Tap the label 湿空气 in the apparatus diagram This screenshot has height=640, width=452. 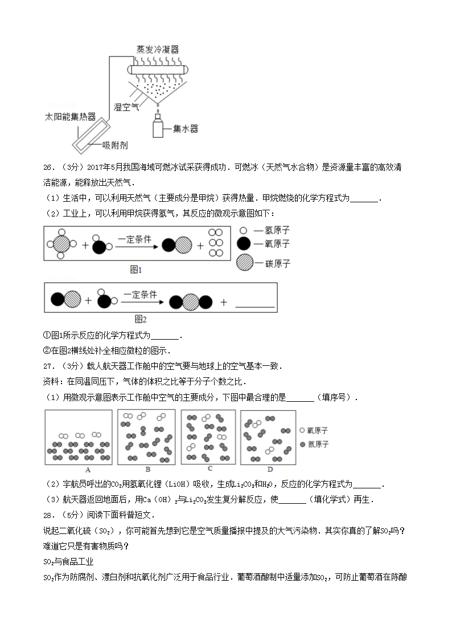[x=126, y=107]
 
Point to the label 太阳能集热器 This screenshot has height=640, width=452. [x=70, y=117]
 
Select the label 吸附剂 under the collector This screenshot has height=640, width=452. [x=114, y=145]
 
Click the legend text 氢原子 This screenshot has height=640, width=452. [x=276, y=230]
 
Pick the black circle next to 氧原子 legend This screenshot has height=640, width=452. [x=243, y=244]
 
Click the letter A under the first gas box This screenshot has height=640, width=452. [x=88, y=470]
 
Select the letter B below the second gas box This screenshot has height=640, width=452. [x=147, y=470]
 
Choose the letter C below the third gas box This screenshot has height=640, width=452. [x=210, y=468]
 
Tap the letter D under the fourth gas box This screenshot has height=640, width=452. [x=270, y=470]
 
